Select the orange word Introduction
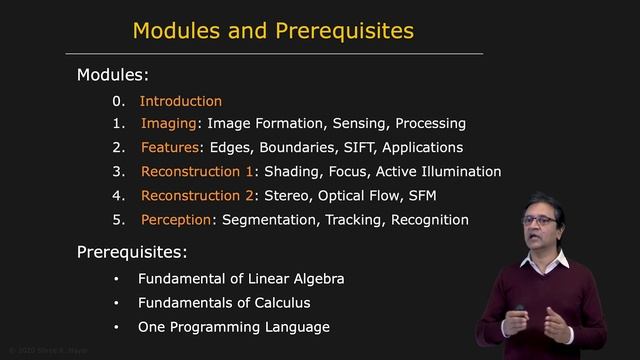(x=180, y=101)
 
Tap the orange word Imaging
(x=169, y=124)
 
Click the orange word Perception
(x=177, y=220)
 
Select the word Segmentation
(x=264, y=220)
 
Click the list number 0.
(x=117, y=101)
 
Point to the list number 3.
(x=117, y=172)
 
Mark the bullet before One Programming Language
(x=116, y=327)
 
